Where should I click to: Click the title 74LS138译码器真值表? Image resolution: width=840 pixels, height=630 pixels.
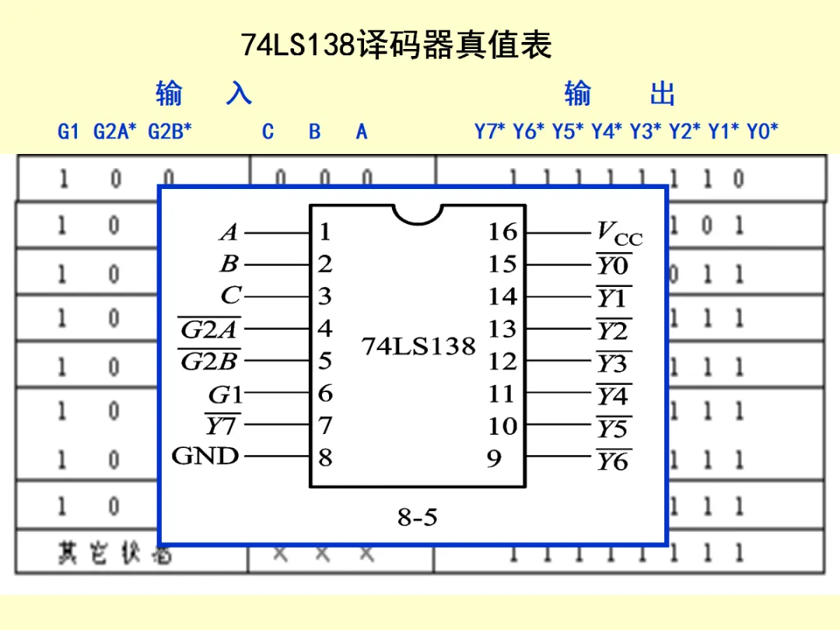(x=396, y=45)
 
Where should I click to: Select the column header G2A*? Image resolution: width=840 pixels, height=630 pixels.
(x=114, y=131)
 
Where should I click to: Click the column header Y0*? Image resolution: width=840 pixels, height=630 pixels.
(x=762, y=131)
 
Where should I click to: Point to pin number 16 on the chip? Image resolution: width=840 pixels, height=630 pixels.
(x=502, y=232)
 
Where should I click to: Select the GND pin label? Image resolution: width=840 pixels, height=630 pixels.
(x=205, y=456)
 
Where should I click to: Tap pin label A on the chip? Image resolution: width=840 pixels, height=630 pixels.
(x=229, y=233)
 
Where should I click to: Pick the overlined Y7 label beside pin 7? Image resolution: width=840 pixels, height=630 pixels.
(x=222, y=427)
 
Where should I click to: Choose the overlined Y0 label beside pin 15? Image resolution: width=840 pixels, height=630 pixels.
(x=613, y=266)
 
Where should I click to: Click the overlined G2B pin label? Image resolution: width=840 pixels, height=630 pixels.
(x=210, y=362)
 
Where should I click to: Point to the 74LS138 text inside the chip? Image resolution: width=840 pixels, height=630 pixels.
(x=418, y=346)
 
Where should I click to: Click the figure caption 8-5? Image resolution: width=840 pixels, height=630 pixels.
(x=418, y=516)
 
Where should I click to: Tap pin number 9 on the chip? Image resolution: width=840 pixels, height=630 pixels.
(x=495, y=459)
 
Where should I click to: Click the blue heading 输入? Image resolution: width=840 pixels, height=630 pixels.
(x=204, y=94)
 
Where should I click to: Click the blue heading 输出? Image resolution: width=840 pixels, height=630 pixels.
(x=620, y=94)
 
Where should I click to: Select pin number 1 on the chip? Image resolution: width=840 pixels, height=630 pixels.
(x=325, y=232)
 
